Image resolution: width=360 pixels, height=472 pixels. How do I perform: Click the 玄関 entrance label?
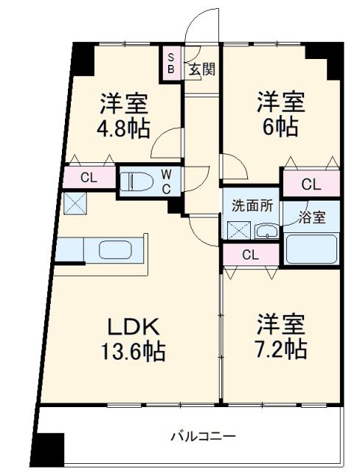pos(201,70)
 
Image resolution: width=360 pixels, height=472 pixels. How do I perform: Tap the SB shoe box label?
pos(170,63)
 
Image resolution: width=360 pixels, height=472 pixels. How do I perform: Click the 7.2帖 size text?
pos(281,347)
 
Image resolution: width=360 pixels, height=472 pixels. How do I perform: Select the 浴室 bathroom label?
pos(311,217)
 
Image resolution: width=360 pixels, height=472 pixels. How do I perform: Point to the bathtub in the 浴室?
pos(312,248)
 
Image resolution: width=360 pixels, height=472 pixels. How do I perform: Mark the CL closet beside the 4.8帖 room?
pos(89,177)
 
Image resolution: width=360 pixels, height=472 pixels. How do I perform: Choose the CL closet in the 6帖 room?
pos(311,184)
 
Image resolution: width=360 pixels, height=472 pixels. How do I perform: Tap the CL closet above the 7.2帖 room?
pos(250,255)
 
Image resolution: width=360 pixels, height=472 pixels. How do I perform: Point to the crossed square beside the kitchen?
pos(76,202)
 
